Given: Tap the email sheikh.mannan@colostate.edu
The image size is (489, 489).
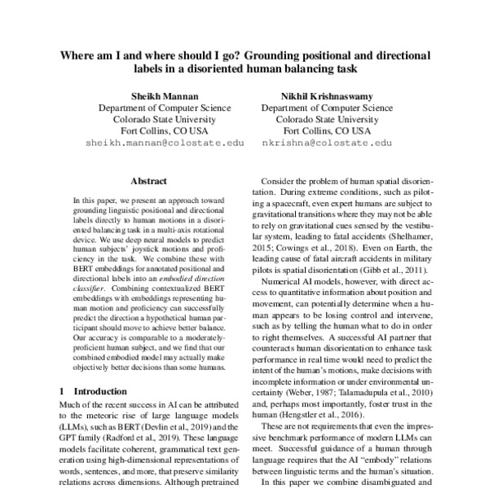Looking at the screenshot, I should (x=165, y=142).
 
